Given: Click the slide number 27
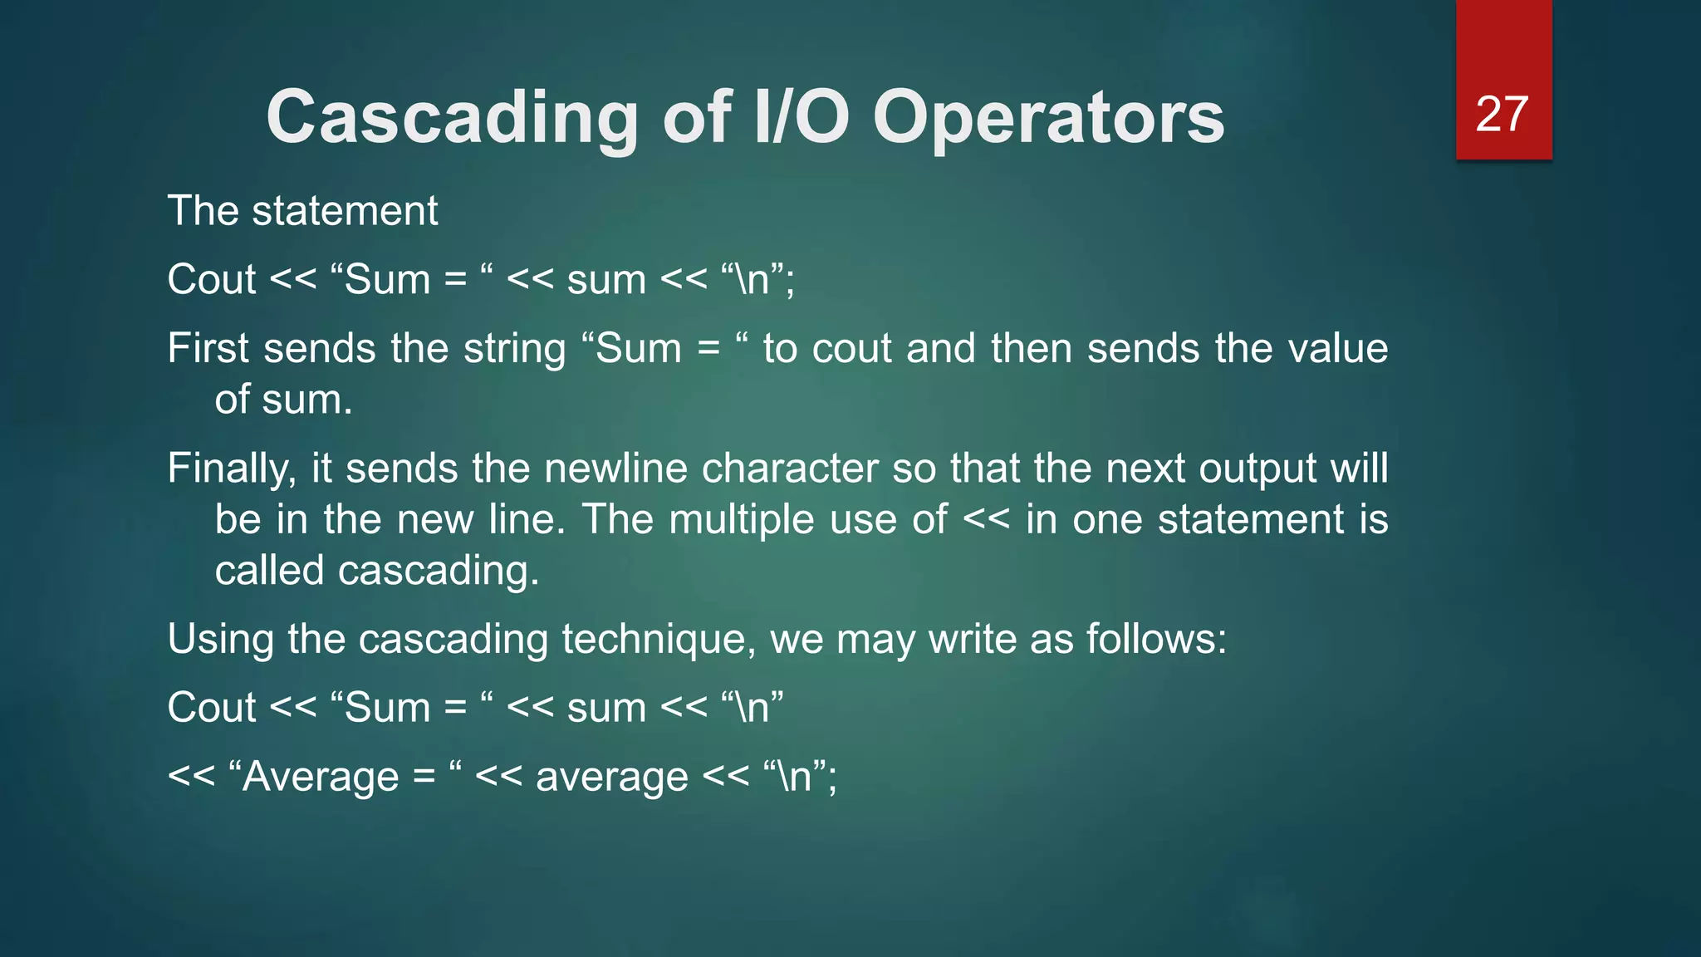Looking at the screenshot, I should (1502, 114).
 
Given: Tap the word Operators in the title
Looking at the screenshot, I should (1048, 118).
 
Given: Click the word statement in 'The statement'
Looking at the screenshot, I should (345, 211).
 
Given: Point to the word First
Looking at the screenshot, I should (208, 348).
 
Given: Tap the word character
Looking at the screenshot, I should (789, 469).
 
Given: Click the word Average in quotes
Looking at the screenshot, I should (321, 778).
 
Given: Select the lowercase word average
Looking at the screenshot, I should (612, 778).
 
